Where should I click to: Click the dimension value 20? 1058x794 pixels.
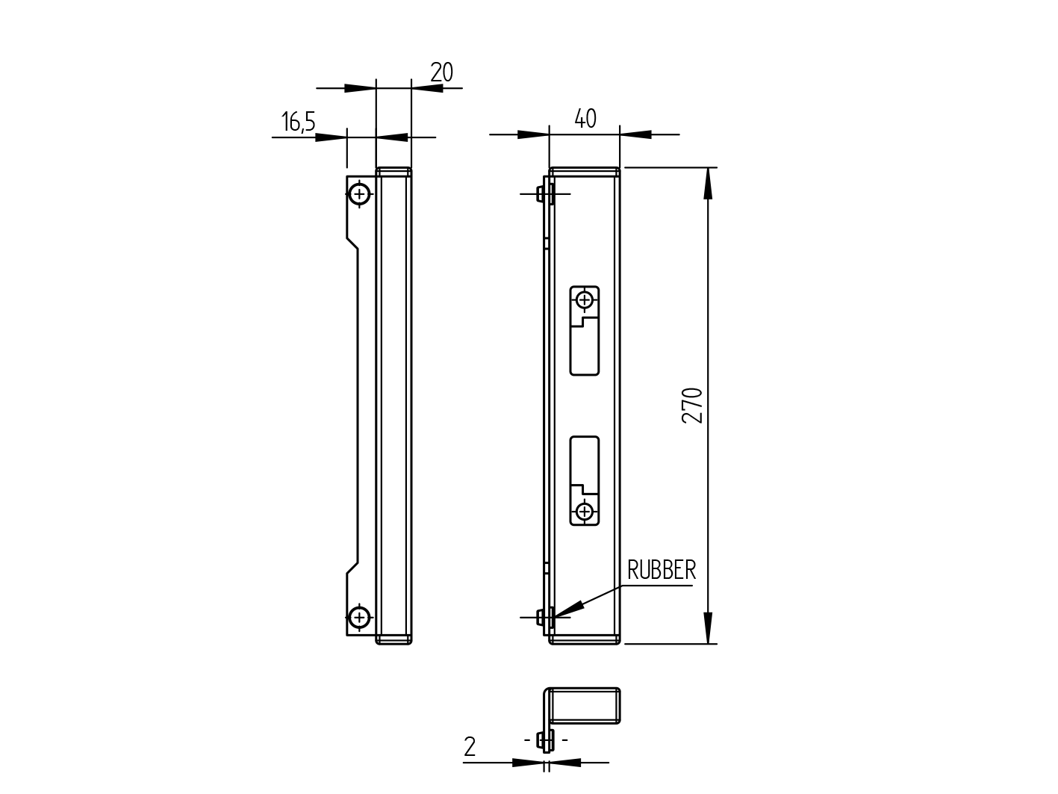point(441,72)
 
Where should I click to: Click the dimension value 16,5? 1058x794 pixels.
point(298,122)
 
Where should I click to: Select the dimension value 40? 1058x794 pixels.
point(585,119)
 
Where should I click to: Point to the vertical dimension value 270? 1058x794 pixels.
point(693,405)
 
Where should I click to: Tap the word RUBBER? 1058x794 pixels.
point(661,571)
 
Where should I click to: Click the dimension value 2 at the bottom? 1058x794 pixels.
point(470,747)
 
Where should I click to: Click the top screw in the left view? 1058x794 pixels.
point(359,194)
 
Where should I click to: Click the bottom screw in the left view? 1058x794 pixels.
point(359,617)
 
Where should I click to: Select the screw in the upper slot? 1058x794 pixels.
point(585,300)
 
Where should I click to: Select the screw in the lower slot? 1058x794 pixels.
point(585,512)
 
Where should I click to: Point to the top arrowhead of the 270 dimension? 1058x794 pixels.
point(708,183)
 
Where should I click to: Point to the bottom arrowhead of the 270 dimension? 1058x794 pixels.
point(708,628)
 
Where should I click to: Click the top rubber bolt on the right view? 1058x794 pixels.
point(544,194)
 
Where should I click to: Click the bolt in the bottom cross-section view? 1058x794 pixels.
point(546,740)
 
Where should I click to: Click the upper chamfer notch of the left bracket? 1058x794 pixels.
point(352,244)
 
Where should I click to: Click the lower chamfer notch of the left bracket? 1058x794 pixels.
point(352,568)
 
